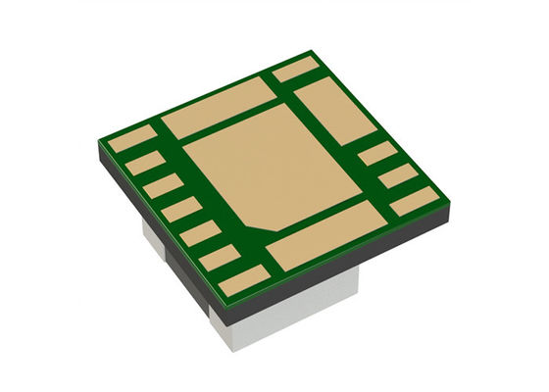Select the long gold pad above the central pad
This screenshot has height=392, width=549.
click(218, 107)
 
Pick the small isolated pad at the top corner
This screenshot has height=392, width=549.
click(296, 69)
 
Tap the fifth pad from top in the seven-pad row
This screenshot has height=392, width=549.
click(200, 233)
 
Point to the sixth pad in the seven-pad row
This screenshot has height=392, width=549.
click(221, 258)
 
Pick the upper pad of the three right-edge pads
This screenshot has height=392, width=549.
click(377, 154)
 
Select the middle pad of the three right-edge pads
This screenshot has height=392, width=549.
click(398, 176)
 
